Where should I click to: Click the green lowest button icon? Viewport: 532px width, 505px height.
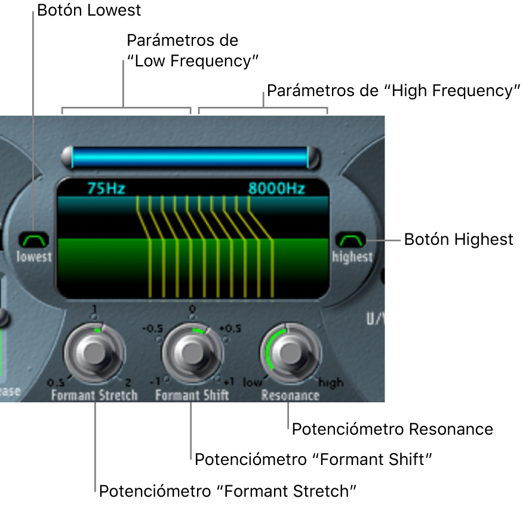pyautogui.click(x=34, y=240)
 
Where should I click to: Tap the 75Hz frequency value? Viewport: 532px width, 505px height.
pyautogui.click(x=105, y=189)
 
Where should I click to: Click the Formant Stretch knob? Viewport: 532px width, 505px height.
pyautogui.click(x=94, y=353)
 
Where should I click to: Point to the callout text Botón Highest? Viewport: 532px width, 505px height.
pyautogui.click(x=459, y=239)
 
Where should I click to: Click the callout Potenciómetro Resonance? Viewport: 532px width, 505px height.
pyautogui.click(x=392, y=429)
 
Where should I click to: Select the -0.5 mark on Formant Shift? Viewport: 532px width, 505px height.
pyautogui.click(x=152, y=328)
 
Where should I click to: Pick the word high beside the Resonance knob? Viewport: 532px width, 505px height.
pyautogui.click(x=331, y=383)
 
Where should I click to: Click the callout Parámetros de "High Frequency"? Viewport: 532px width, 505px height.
pyautogui.click(x=390, y=91)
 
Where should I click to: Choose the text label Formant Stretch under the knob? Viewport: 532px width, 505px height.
pyautogui.click(x=94, y=395)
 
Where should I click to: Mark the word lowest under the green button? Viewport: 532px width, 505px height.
pyautogui.click(x=35, y=257)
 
